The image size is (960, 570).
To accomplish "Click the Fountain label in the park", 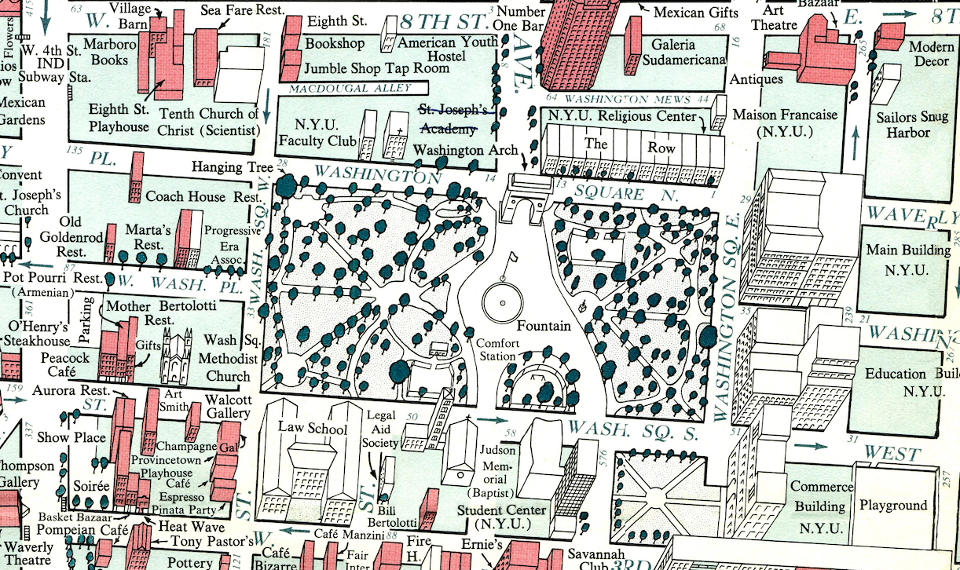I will coord(544,325).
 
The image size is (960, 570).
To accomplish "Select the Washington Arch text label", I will coord(465,150).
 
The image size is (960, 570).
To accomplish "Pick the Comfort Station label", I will coord(498,349).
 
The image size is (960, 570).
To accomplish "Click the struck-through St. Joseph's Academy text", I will coord(454,119).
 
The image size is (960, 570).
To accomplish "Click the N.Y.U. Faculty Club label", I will coord(315,133).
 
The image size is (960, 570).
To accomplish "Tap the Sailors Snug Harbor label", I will coord(913,125).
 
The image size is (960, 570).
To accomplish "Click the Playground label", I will coord(892,505).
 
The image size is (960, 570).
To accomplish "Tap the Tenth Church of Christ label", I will coord(209,122).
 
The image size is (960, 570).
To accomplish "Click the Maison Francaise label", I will coord(785,122).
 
